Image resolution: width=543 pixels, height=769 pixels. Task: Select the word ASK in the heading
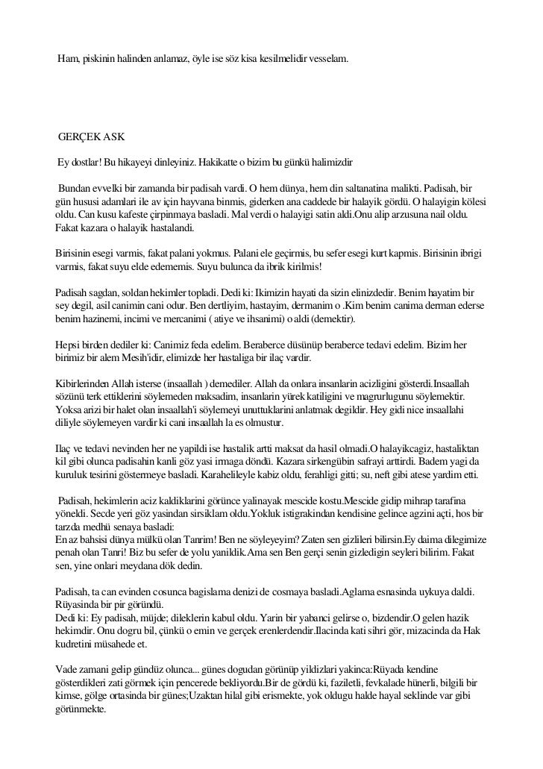point(116,139)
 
